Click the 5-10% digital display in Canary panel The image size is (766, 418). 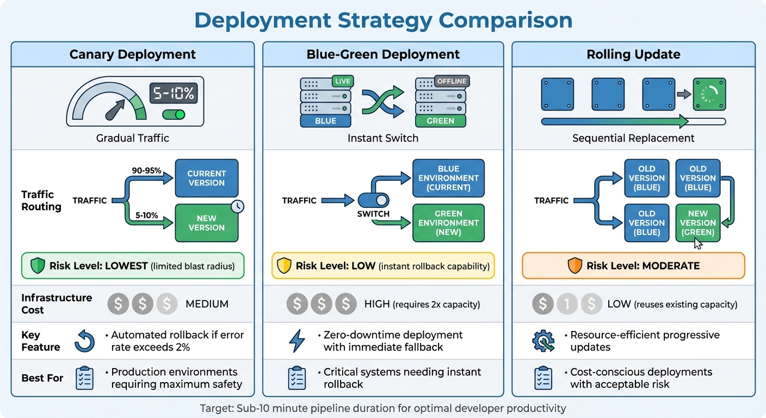173,93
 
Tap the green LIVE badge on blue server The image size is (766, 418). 343,82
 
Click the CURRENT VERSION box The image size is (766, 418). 206,178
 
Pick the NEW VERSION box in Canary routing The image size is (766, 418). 206,223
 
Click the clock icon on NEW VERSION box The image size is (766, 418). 237,206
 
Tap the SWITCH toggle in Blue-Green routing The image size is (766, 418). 373,200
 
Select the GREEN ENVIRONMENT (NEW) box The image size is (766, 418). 448,223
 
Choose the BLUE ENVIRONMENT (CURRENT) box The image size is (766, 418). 448,178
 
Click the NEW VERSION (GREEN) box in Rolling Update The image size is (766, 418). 697,223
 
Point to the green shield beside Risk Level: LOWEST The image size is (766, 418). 37,266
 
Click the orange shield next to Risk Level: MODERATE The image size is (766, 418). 574,266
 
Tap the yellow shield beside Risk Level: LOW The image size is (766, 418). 285,266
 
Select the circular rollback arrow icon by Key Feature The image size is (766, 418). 84,341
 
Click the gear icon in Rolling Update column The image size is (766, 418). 543,341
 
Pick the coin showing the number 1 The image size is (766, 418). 567,304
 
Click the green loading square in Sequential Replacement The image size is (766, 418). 709,94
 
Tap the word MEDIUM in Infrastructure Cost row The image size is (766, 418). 207,304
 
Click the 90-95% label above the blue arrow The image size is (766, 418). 147,170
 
